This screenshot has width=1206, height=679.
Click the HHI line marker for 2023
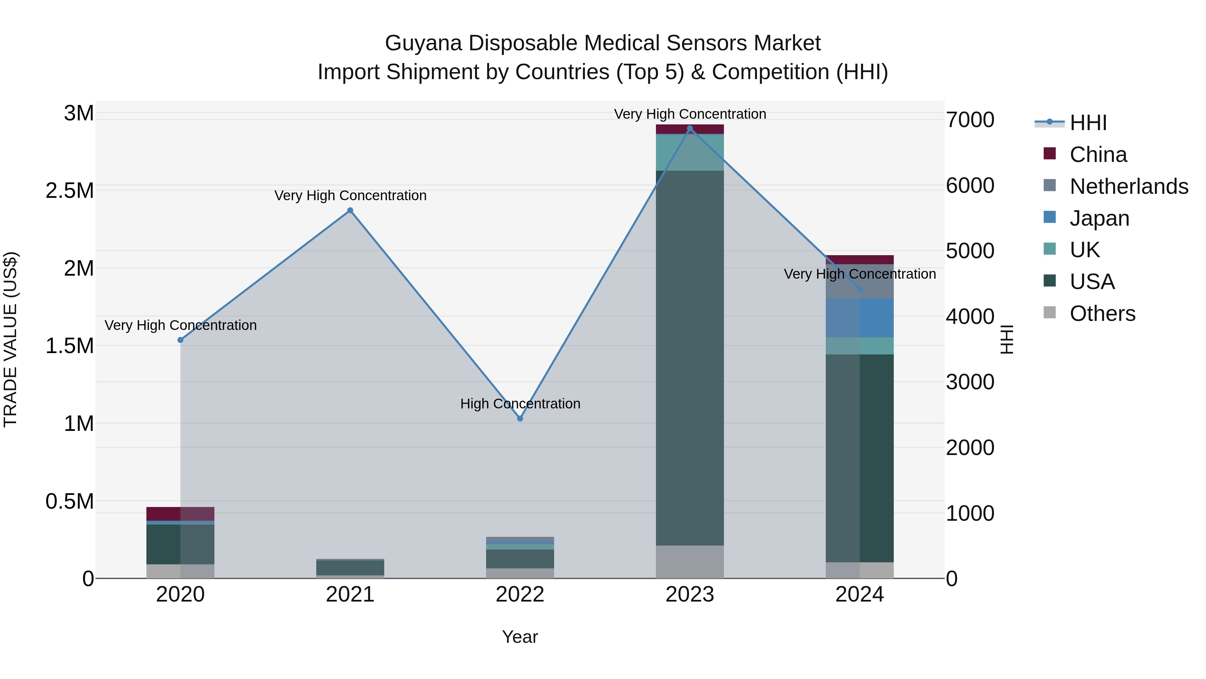pos(690,128)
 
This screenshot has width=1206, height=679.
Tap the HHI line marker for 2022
pos(520,418)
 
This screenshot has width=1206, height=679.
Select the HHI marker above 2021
pos(350,210)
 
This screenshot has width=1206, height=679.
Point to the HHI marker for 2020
pos(180,340)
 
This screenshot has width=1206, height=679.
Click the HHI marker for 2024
pos(860,289)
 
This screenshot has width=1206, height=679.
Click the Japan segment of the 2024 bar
pos(860,318)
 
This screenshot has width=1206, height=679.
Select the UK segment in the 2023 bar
pos(690,152)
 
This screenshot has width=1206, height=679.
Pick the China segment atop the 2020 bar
pos(180,514)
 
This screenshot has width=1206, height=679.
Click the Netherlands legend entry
pos(1129,186)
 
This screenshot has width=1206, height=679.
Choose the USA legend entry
pos(1092,282)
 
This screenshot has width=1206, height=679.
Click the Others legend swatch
pos(1050,313)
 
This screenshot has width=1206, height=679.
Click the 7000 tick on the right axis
pos(970,120)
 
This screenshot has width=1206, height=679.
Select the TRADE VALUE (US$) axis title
pos(10,339)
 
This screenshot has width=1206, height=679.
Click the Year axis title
pos(520,637)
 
